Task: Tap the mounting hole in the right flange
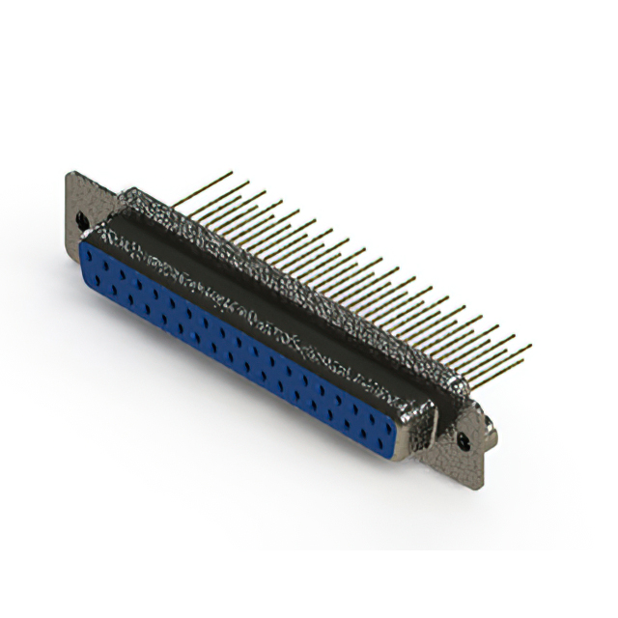(x=465, y=439)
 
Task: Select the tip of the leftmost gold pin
(x=232, y=173)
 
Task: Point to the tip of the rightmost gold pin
(x=530, y=346)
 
